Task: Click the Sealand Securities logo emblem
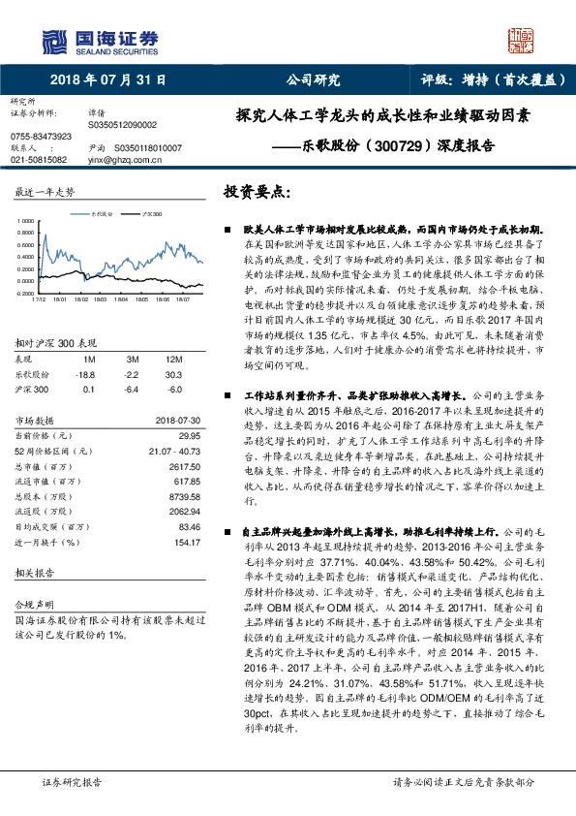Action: click(x=56, y=39)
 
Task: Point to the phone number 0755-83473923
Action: click(x=40, y=136)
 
